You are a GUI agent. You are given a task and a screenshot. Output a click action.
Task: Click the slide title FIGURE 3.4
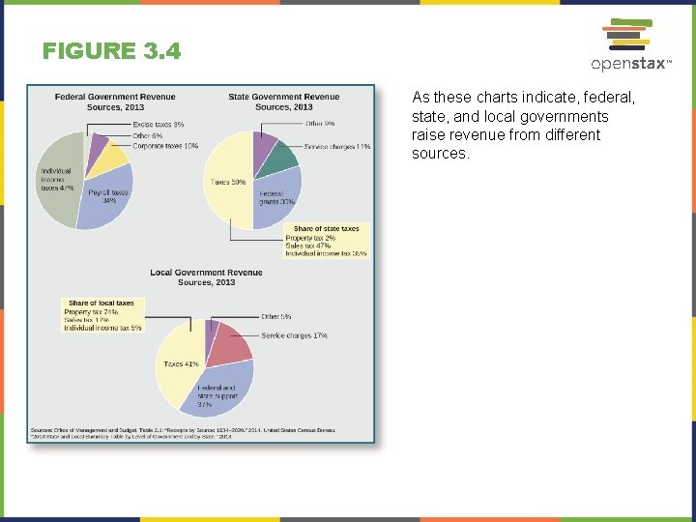pyautogui.click(x=111, y=51)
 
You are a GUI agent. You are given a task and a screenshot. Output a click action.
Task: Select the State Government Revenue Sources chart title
pyautogui.click(x=284, y=101)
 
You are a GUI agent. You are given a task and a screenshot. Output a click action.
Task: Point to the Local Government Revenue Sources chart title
pyautogui.click(x=206, y=277)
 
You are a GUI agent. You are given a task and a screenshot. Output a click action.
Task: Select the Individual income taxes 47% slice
pyautogui.click(x=57, y=184)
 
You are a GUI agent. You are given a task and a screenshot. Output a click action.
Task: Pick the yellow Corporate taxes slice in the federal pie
pyautogui.click(x=110, y=158)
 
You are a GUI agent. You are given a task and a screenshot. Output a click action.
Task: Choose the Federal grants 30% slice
pyautogui.click(x=277, y=198)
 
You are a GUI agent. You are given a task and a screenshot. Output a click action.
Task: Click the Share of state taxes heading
pyautogui.click(x=326, y=229)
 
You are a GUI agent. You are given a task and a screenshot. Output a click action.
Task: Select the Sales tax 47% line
pyautogui.click(x=309, y=246)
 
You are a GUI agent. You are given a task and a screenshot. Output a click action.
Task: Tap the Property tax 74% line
pyautogui.click(x=91, y=312)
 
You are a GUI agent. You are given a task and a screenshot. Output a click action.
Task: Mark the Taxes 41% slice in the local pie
pyautogui.click(x=178, y=364)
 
